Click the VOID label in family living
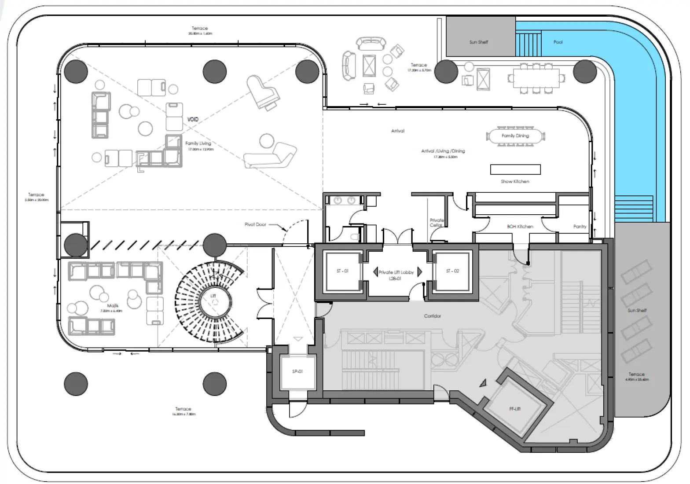pyautogui.click(x=193, y=119)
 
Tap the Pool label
pyautogui.click(x=558, y=42)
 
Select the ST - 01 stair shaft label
pyautogui.click(x=342, y=271)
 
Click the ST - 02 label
pyautogui.click(x=452, y=271)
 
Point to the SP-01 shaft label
pyautogui.click(x=297, y=371)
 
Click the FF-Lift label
pyautogui.click(x=515, y=409)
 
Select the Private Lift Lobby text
pyautogui.click(x=396, y=272)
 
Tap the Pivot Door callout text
pyautogui.click(x=255, y=224)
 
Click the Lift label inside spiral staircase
pyautogui.click(x=213, y=296)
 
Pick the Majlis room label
pyautogui.click(x=113, y=306)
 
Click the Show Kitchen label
pyautogui.click(x=515, y=181)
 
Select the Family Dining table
pyautogui.click(x=515, y=136)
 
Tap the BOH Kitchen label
pyautogui.click(x=520, y=227)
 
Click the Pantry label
pyautogui.click(x=580, y=227)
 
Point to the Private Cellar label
pyautogui.click(x=437, y=223)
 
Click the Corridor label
pyautogui.click(x=433, y=316)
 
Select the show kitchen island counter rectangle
pyautogui.click(x=515, y=169)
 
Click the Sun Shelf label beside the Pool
pyautogui.click(x=478, y=42)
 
